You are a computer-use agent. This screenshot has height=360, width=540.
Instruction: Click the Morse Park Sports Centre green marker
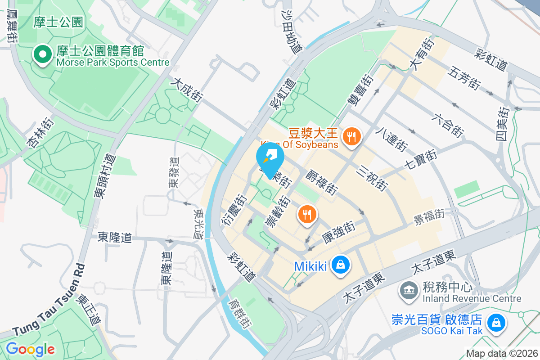click(x=43, y=55)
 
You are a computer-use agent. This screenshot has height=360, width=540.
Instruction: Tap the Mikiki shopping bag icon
click(x=341, y=265)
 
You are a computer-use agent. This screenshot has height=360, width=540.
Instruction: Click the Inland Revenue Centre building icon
click(x=409, y=290)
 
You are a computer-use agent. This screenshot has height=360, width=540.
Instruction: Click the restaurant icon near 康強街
click(x=307, y=214)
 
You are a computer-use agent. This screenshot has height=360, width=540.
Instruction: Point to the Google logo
click(x=30, y=349)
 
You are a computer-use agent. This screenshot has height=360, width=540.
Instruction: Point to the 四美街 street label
click(x=503, y=123)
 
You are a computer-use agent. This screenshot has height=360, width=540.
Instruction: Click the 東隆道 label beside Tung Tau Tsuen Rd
click(x=115, y=237)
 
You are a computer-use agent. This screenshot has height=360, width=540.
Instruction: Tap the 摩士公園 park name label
click(x=58, y=21)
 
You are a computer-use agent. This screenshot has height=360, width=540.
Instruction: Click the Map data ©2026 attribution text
click(x=502, y=353)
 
